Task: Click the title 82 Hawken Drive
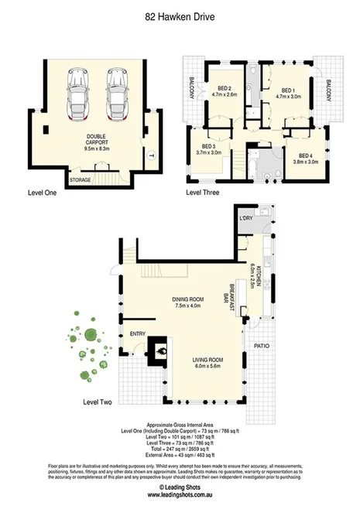point(180,15)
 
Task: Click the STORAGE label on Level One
point(80,179)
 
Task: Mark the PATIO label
point(261,345)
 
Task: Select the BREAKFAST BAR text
point(229,290)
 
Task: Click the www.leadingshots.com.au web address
point(180,497)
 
